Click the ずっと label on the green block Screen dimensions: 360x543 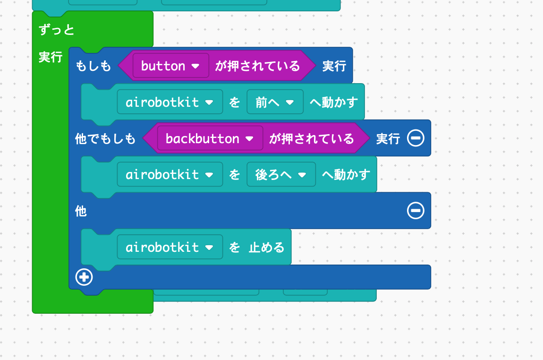click(x=57, y=30)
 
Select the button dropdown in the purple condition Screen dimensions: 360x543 click(x=170, y=66)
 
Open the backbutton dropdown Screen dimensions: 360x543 click(x=210, y=138)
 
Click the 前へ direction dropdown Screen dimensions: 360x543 click(x=275, y=102)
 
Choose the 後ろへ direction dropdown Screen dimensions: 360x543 click(x=281, y=175)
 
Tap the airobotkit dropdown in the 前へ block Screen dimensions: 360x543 click(x=170, y=102)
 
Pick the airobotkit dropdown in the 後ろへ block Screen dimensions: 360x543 click(x=170, y=175)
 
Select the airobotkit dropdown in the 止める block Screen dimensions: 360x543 click(x=170, y=247)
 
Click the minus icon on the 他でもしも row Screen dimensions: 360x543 click(x=416, y=138)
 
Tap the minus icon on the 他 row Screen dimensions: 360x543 click(x=416, y=211)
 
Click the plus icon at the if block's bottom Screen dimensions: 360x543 click(x=85, y=277)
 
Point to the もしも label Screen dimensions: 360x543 click(x=93, y=66)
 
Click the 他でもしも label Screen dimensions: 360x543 click(x=105, y=138)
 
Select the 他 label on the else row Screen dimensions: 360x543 click(x=81, y=211)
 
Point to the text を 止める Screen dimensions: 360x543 click(x=257, y=247)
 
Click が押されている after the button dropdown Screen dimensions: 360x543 click(x=257, y=66)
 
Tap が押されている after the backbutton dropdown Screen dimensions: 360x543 click(x=312, y=138)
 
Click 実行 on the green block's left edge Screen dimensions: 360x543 click(x=51, y=58)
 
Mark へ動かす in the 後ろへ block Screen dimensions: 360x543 click(x=346, y=175)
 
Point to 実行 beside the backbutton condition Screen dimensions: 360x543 click(x=388, y=138)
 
